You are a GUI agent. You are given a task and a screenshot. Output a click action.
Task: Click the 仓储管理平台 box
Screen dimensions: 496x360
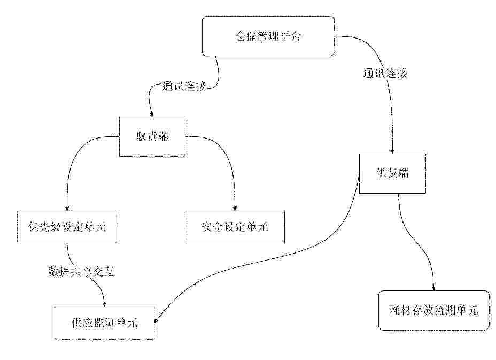tap(268, 36)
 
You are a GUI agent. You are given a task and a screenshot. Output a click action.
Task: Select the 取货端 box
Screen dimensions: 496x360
tap(152, 136)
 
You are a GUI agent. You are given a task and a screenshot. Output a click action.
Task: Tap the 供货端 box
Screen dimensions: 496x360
tap(392, 173)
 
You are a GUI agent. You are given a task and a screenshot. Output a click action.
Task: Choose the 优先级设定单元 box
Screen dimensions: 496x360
tap(67, 227)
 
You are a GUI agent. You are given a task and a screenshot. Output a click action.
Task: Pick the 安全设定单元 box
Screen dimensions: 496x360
tap(235, 227)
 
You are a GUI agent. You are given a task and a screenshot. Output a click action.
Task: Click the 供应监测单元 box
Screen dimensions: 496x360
tap(104, 323)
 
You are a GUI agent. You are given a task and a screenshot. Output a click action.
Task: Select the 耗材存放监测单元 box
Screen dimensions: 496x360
tap(433, 310)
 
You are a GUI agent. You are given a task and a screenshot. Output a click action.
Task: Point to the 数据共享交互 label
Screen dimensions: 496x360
tap(81, 271)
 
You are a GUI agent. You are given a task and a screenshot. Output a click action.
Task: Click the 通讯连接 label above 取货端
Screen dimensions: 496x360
tap(184, 86)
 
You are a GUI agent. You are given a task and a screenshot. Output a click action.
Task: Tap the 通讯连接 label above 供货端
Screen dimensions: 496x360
tap(385, 73)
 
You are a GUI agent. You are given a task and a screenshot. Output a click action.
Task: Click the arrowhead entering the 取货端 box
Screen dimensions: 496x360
tap(152, 114)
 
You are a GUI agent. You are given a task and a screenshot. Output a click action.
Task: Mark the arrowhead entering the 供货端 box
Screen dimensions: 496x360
tap(392, 151)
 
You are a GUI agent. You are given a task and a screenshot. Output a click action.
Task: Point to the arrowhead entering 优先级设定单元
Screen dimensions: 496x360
tap(67, 208)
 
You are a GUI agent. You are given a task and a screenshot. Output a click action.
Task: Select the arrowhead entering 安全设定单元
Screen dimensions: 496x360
tap(235, 208)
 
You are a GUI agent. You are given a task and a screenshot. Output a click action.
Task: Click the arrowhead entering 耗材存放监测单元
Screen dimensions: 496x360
tap(433, 287)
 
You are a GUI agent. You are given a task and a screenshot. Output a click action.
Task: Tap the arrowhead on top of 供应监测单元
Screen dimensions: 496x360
tap(104, 304)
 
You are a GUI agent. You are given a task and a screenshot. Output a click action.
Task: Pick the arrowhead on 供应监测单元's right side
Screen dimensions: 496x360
tap(156, 321)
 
